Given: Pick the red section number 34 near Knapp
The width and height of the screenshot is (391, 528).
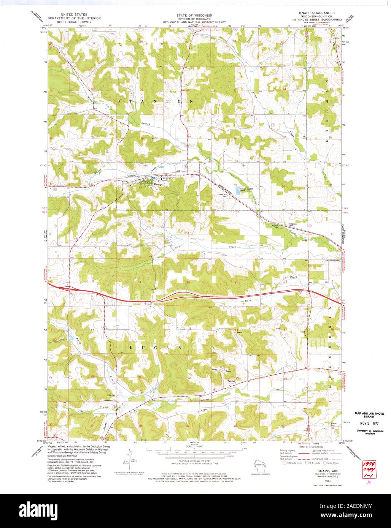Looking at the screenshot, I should point(187,187).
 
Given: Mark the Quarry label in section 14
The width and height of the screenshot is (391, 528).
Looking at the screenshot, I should point(239,332).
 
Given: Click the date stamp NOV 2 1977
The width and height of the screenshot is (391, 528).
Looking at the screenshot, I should point(365,423).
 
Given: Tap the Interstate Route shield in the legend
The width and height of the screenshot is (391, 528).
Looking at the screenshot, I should point(284,463).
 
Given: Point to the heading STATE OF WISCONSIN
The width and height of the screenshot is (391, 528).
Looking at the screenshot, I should point(194,15).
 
